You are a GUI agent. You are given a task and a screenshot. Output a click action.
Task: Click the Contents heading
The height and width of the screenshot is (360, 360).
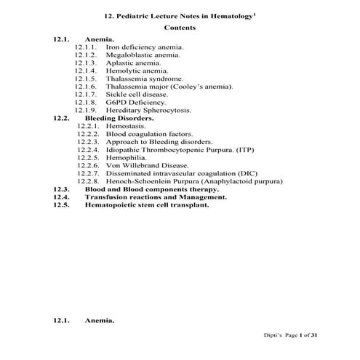[x=180, y=28]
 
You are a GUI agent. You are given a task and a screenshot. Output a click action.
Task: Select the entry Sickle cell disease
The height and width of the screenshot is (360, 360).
[x=137, y=95]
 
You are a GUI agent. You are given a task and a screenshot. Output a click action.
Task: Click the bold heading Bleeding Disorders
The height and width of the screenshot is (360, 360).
[x=119, y=118]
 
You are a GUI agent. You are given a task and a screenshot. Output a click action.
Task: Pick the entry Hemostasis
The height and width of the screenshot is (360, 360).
[x=125, y=126]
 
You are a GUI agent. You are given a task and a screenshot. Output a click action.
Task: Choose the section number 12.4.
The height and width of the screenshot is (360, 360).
[x=61, y=197]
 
